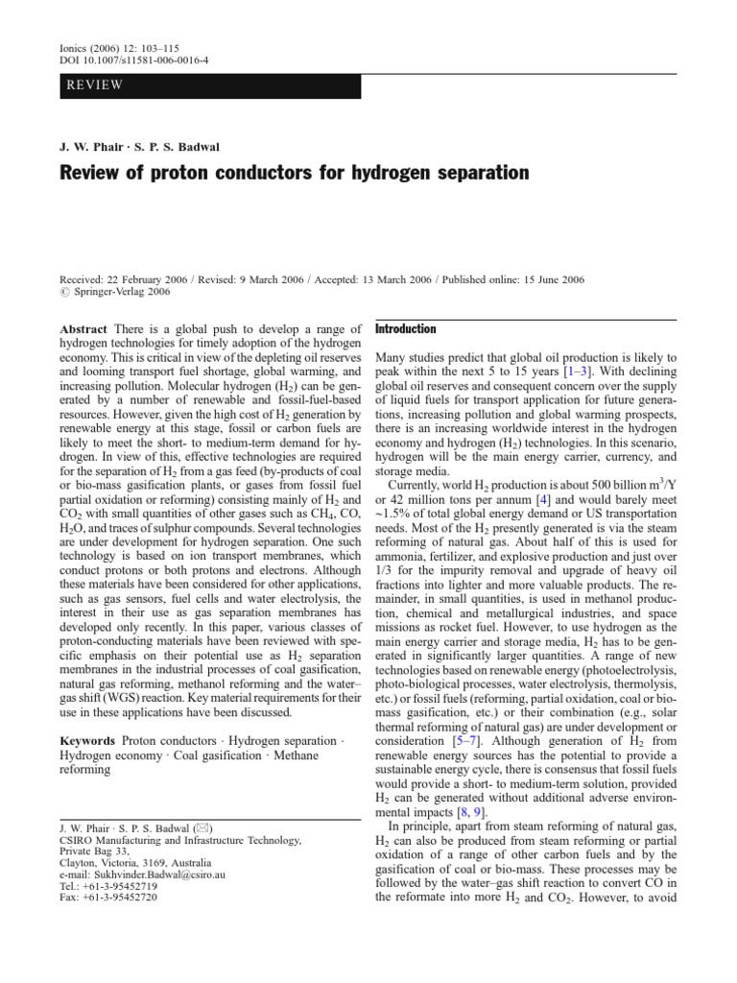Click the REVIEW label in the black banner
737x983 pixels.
(94, 85)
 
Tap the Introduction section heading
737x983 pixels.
(404, 328)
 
